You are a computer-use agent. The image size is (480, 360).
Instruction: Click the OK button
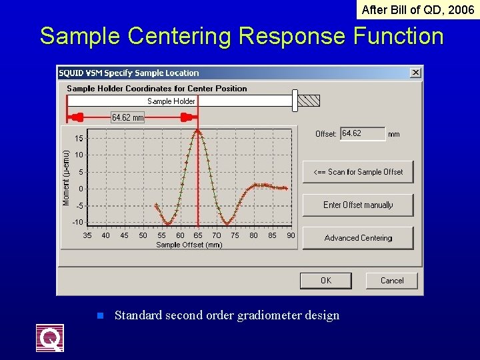point(325,281)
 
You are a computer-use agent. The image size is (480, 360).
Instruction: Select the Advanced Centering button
point(358,238)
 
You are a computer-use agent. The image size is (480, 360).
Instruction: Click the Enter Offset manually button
point(358,205)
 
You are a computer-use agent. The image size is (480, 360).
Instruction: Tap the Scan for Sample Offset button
point(358,172)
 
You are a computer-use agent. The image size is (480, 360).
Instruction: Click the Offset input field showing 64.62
point(362,134)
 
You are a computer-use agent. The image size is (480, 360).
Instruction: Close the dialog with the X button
point(415,73)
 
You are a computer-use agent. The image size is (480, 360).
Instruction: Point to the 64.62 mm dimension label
point(128,117)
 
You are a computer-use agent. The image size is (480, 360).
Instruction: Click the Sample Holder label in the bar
point(171,101)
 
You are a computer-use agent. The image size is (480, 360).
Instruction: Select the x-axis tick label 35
point(87,235)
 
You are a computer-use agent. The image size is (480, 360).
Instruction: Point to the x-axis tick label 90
point(291,235)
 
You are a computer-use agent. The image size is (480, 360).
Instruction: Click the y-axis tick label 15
point(79,139)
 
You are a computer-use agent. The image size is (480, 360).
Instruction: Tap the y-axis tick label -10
point(78,222)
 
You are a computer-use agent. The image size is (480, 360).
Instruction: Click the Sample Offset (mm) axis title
point(189,245)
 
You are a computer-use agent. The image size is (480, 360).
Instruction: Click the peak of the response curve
point(198,131)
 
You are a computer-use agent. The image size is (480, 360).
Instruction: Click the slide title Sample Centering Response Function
point(241,36)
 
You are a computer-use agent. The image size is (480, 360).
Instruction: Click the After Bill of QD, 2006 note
point(417,9)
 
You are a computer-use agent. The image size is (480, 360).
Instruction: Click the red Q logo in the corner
point(50,338)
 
